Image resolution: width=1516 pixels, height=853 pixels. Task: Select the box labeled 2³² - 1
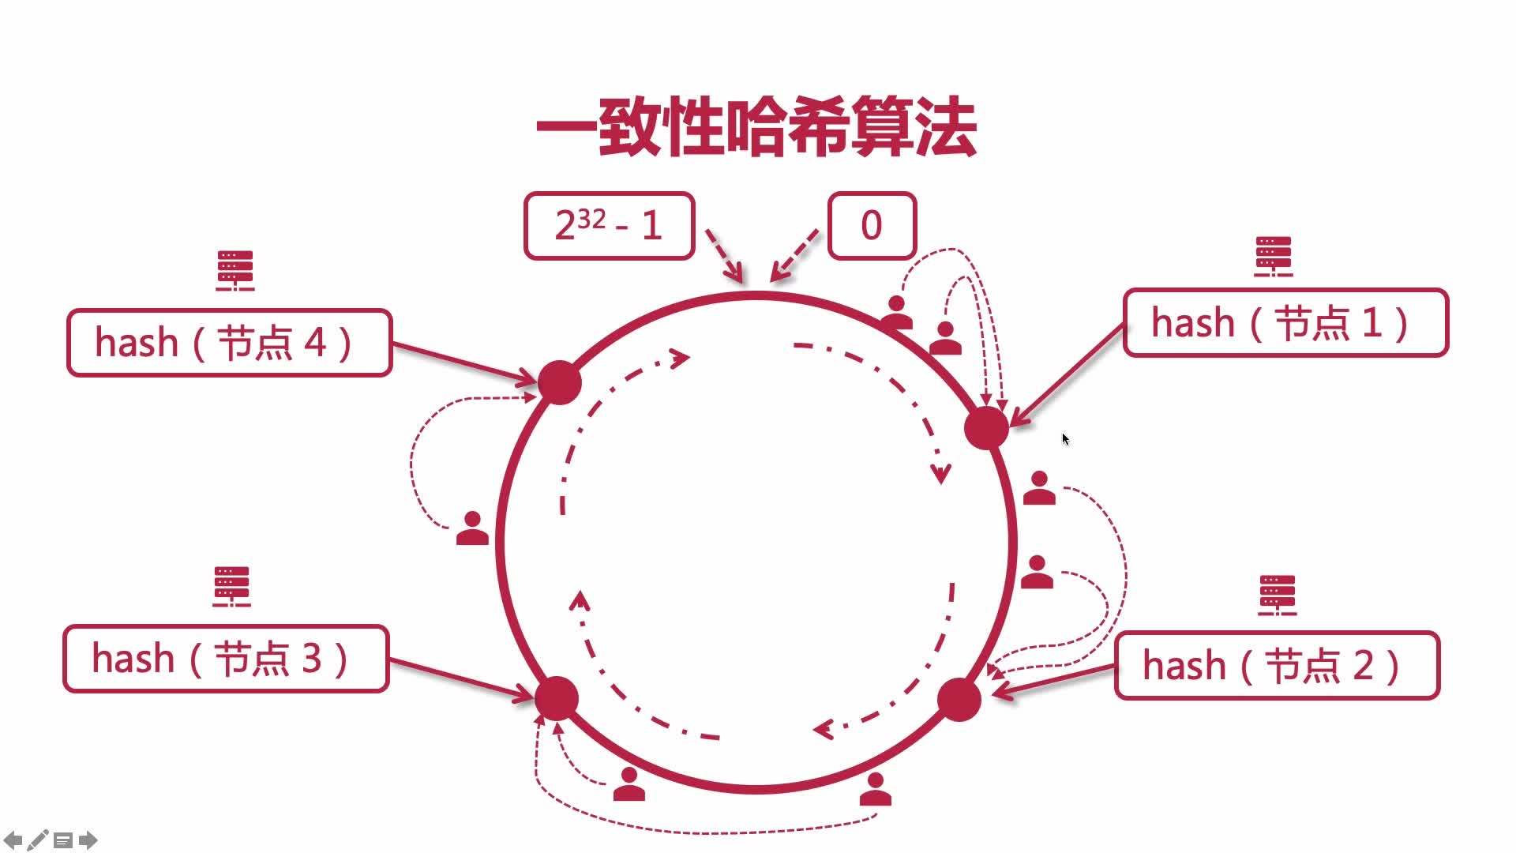point(609,226)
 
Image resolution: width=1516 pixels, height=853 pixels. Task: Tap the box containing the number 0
point(872,226)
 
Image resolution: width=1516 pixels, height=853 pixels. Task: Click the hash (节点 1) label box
point(1285,323)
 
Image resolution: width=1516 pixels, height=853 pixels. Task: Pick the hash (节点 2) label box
point(1277,666)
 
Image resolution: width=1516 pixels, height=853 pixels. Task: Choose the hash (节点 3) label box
point(226,659)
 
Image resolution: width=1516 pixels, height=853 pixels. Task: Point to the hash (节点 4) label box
point(229,343)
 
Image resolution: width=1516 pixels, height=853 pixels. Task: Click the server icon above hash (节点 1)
point(1274,257)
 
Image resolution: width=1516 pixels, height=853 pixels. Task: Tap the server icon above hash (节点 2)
point(1277,596)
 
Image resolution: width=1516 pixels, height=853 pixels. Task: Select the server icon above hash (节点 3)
point(231,587)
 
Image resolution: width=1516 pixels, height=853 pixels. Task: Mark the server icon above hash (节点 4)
point(235,271)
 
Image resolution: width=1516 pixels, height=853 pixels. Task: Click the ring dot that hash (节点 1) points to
point(986,428)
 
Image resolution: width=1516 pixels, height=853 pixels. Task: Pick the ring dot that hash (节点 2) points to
point(959,699)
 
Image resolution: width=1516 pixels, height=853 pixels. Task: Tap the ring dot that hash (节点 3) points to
point(557,698)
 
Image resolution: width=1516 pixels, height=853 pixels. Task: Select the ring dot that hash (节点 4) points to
point(560,383)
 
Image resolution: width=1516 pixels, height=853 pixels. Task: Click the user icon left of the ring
point(472,528)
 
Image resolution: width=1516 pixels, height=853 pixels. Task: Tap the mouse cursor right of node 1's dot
point(1065,439)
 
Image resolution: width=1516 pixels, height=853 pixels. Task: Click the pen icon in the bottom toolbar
point(37,840)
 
